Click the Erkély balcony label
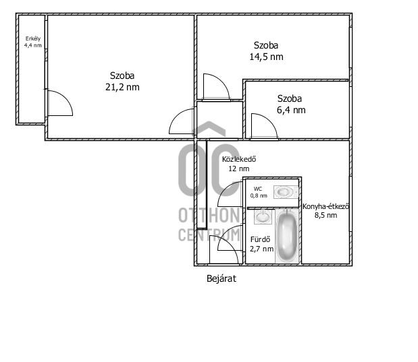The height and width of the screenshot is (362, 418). [x=33, y=39]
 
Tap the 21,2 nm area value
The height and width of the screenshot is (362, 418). [x=122, y=87]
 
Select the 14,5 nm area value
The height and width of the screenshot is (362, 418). [x=266, y=57]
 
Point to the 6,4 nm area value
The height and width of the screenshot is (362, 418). [x=291, y=110]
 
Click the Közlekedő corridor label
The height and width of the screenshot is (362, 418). [x=239, y=159]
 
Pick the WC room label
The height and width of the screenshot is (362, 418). [x=258, y=189]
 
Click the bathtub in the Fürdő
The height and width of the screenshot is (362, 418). [x=287, y=236]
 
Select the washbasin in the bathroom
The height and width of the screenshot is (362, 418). [x=263, y=216]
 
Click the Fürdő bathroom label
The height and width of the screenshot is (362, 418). [x=260, y=239]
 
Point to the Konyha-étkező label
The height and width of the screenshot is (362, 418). [x=325, y=206]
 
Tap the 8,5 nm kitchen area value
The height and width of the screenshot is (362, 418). [x=325, y=215]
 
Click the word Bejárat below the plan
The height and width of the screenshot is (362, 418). [x=221, y=278]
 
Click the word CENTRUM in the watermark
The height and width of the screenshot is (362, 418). [x=209, y=235]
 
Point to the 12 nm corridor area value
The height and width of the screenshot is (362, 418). [x=239, y=169]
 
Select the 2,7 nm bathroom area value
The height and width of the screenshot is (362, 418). [x=261, y=249]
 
